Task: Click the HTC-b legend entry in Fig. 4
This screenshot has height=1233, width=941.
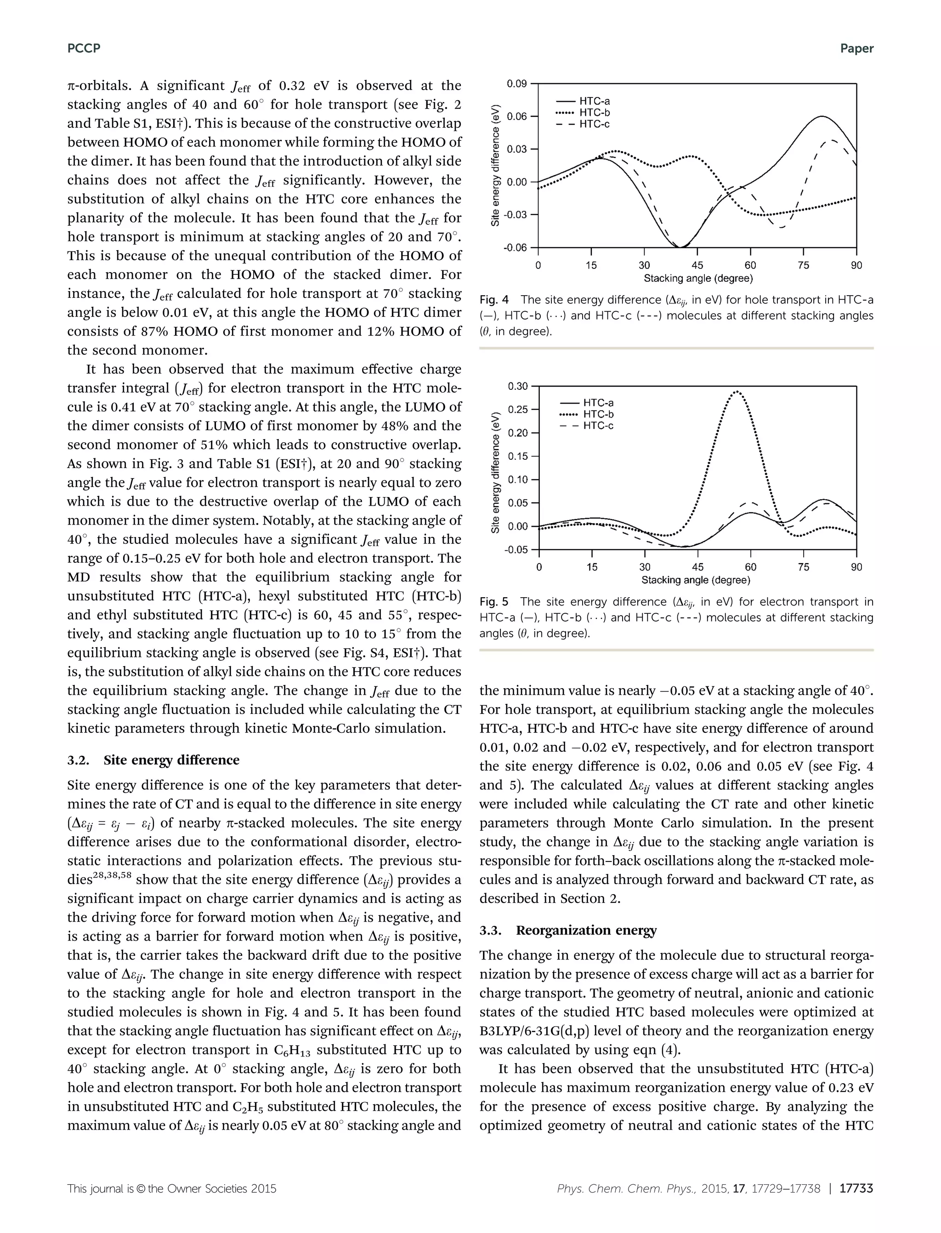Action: [594, 113]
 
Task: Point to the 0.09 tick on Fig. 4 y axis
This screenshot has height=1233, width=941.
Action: [516, 84]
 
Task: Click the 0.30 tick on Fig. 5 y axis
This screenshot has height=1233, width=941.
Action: [517, 386]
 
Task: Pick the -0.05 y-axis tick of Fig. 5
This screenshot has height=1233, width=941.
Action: [516, 550]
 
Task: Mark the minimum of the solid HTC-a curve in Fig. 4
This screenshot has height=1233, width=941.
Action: [680, 247]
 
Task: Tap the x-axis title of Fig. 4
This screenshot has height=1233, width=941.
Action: [698, 279]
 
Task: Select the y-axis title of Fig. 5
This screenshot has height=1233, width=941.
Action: [495, 473]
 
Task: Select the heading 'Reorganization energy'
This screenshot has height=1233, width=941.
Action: [586, 930]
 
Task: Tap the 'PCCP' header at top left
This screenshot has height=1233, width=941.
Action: [84, 49]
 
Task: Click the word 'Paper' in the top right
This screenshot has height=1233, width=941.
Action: [856, 49]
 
